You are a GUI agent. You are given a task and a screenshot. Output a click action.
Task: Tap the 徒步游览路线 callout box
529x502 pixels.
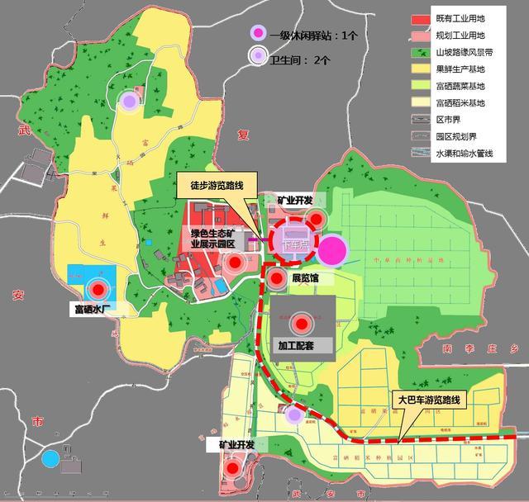(217, 185)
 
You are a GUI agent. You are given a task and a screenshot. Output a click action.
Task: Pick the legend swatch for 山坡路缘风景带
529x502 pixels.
(421, 51)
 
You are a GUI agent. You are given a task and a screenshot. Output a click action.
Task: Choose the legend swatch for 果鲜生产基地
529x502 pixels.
(421, 69)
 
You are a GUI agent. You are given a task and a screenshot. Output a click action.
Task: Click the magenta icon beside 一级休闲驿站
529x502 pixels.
(259, 35)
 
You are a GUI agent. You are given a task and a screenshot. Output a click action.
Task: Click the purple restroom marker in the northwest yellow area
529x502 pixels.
(129, 102)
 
